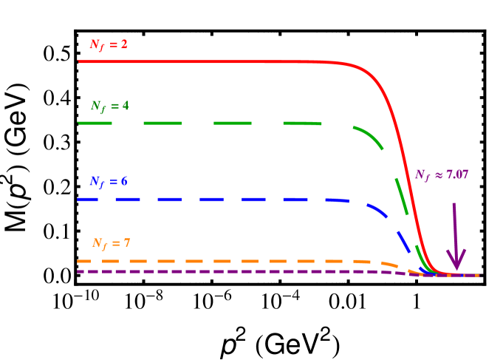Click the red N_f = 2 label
click(x=109, y=45)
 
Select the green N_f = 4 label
click(x=109, y=106)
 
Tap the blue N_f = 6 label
click(x=109, y=182)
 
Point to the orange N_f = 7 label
click(x=111, y=244)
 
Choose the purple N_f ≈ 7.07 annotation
click(x=441, y=175)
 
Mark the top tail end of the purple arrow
click(x=454, y=205)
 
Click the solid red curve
click(x=222, y=61)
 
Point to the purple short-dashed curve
click(x=222, y=271)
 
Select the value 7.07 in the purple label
click(x=456, y=175)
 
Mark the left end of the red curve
click(x=79, y=61)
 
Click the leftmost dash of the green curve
click(x=95, y=123)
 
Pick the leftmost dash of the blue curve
click(x=87, y=200)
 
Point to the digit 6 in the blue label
click(x=123, y=182)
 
